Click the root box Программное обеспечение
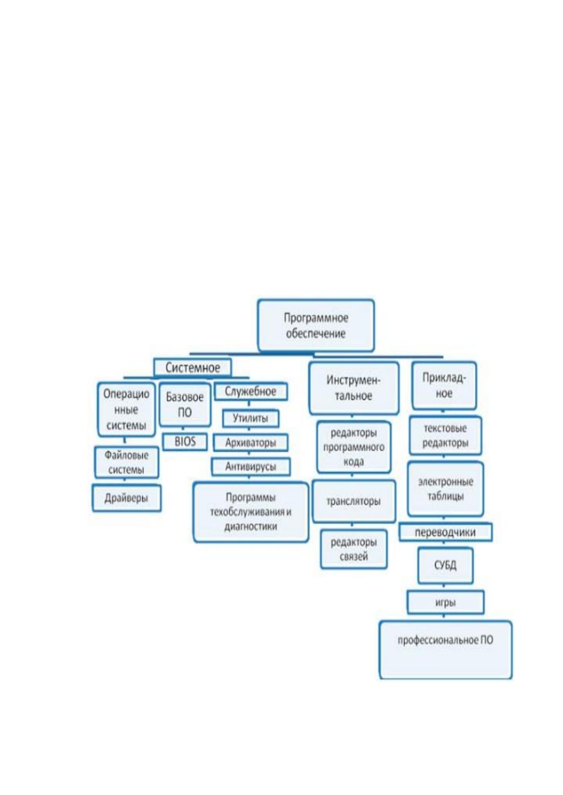pos(316,325)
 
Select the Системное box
pos(193,367)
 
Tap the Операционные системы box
pos(126,410)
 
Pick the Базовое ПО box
pos(185,405)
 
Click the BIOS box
pos(185,442)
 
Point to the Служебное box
pos(251,391)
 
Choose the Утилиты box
pos(251,418)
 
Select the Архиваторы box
pos(251,442)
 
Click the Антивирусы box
pos(251,467)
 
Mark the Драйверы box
pos(126,499)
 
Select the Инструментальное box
pos(354,388)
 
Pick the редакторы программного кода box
pos(354,447)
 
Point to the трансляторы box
pos(354,501)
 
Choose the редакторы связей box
pos(354,549)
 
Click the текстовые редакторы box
pos(445,435)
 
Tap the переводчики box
pos(445,533)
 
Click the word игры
pos(445,603)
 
